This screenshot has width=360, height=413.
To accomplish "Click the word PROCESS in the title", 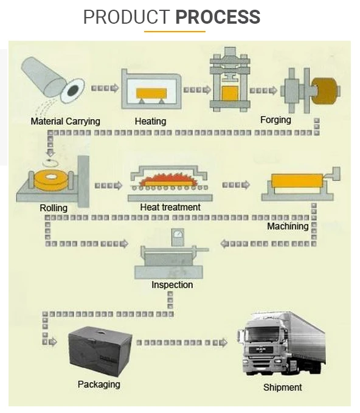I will click(x=218, y=17).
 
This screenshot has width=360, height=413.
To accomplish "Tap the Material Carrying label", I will click(x=65, y=121).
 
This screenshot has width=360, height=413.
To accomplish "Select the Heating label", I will click(x=150, y=121).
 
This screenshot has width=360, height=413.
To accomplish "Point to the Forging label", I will click(x=275, y=120).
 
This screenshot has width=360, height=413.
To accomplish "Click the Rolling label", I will click(x=54, y=208).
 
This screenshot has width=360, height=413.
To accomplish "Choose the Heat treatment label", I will click(x=170, y=207).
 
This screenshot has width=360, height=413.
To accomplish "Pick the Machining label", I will click(x=288, y=226).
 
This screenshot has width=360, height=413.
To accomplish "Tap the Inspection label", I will click(x=172, y=284).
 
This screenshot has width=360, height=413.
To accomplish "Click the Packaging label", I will click(x=99, y=384).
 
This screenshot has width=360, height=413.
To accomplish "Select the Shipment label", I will click(x=282, y=387).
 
